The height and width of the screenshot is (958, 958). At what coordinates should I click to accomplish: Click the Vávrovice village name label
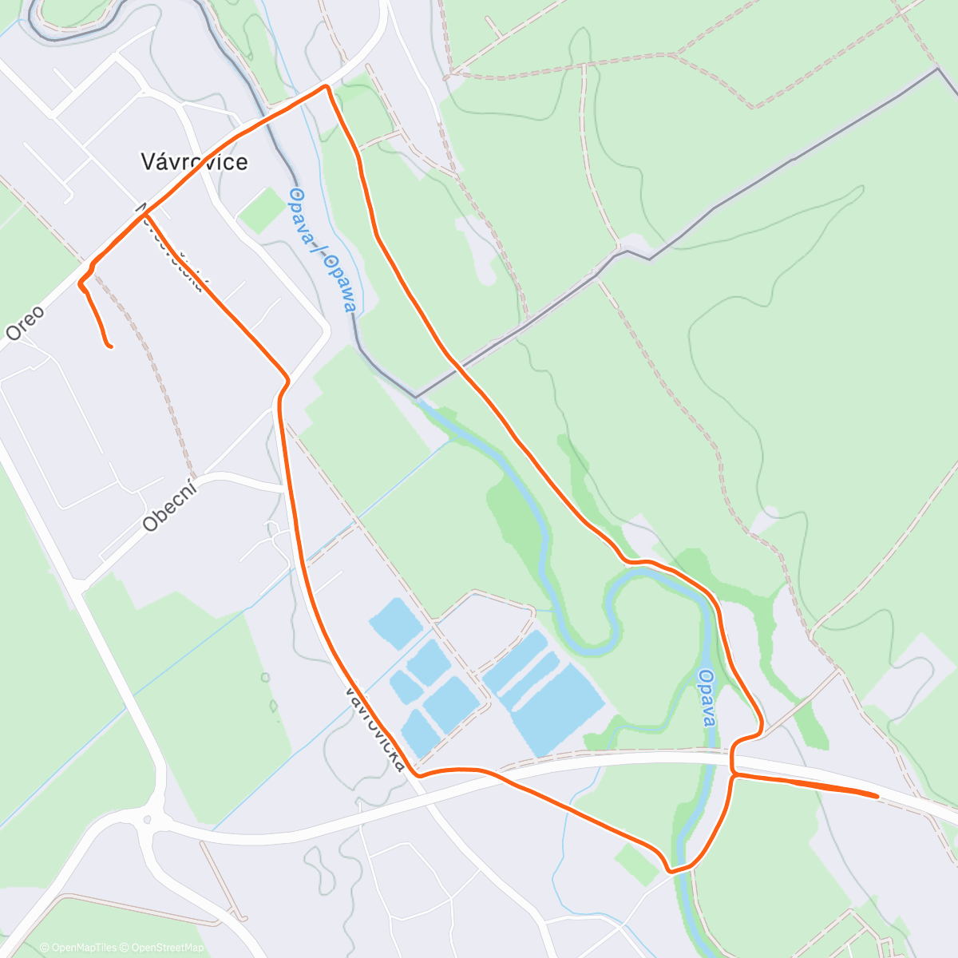coord(194,162)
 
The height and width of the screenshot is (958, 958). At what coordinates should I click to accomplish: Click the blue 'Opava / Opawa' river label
coord(323,248)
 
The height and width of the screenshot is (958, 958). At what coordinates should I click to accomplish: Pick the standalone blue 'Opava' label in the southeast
coord(707,697)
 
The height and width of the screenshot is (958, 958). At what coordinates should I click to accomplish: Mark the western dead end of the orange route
coord(109,346)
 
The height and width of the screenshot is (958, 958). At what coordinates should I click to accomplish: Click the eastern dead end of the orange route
coord(877,795)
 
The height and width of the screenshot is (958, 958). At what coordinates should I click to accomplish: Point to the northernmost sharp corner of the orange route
coord(327,85)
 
